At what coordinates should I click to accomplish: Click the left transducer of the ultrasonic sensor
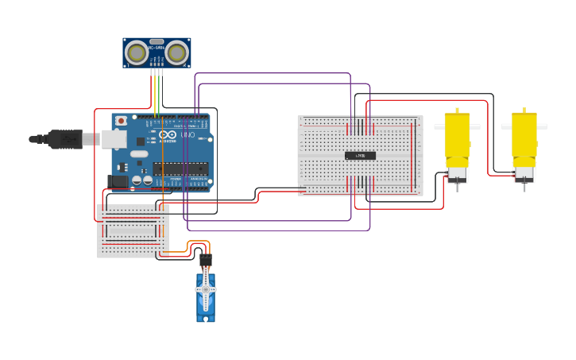pos(137,53)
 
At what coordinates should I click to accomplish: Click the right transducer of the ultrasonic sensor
pos(176,53)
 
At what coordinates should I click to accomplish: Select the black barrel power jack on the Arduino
pos(118,181)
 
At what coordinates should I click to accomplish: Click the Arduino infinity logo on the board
pos(168,135)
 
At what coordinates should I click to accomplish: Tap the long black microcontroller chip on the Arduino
pos(180,168)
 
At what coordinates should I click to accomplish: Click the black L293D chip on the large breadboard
pos(360,155)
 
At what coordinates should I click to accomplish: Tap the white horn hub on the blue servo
pos(206,290)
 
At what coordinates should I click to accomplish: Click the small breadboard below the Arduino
pos(133,231)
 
